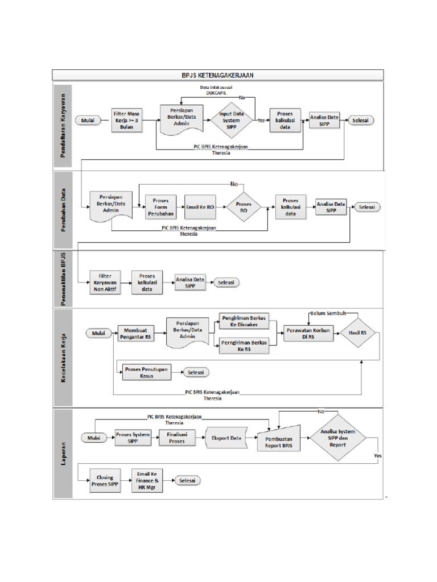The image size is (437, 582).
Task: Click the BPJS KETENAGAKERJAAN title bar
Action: pos(218,74)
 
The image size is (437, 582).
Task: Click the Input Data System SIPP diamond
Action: pos(233,120)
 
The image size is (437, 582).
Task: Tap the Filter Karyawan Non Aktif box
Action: pos(106,282)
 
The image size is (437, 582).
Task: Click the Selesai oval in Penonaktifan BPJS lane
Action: pos(226,282)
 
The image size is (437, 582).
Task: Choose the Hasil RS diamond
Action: pos(358,332)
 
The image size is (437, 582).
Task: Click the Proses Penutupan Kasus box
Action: pos(146,372)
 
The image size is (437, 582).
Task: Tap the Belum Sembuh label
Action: pos(328,313)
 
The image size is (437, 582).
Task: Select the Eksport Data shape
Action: pos(226,438)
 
